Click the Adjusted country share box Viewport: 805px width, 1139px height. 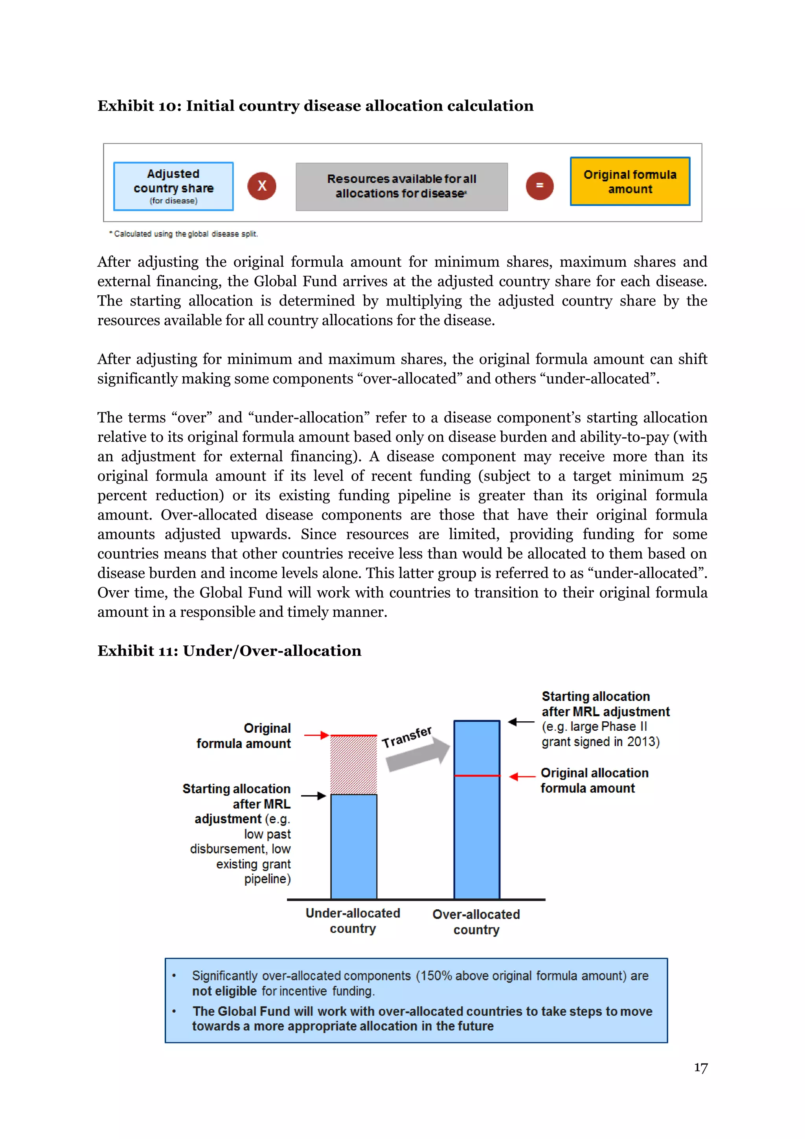173,186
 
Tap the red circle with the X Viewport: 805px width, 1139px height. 262,186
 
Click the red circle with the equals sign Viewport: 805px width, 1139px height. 539,186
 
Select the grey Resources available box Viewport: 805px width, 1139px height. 401,186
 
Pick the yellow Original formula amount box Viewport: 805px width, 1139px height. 630,182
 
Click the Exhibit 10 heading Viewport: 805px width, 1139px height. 315,106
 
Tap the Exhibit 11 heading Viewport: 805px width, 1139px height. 229,651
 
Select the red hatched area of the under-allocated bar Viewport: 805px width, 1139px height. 353,765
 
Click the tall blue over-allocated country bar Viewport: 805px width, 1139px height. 477,839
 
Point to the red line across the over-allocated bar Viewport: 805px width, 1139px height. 477,775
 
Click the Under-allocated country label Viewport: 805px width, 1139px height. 353,921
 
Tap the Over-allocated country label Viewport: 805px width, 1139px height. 476,922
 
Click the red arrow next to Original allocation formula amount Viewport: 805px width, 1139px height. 522,776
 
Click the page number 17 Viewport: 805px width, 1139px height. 700,1067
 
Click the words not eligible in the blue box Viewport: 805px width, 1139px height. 224,991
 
